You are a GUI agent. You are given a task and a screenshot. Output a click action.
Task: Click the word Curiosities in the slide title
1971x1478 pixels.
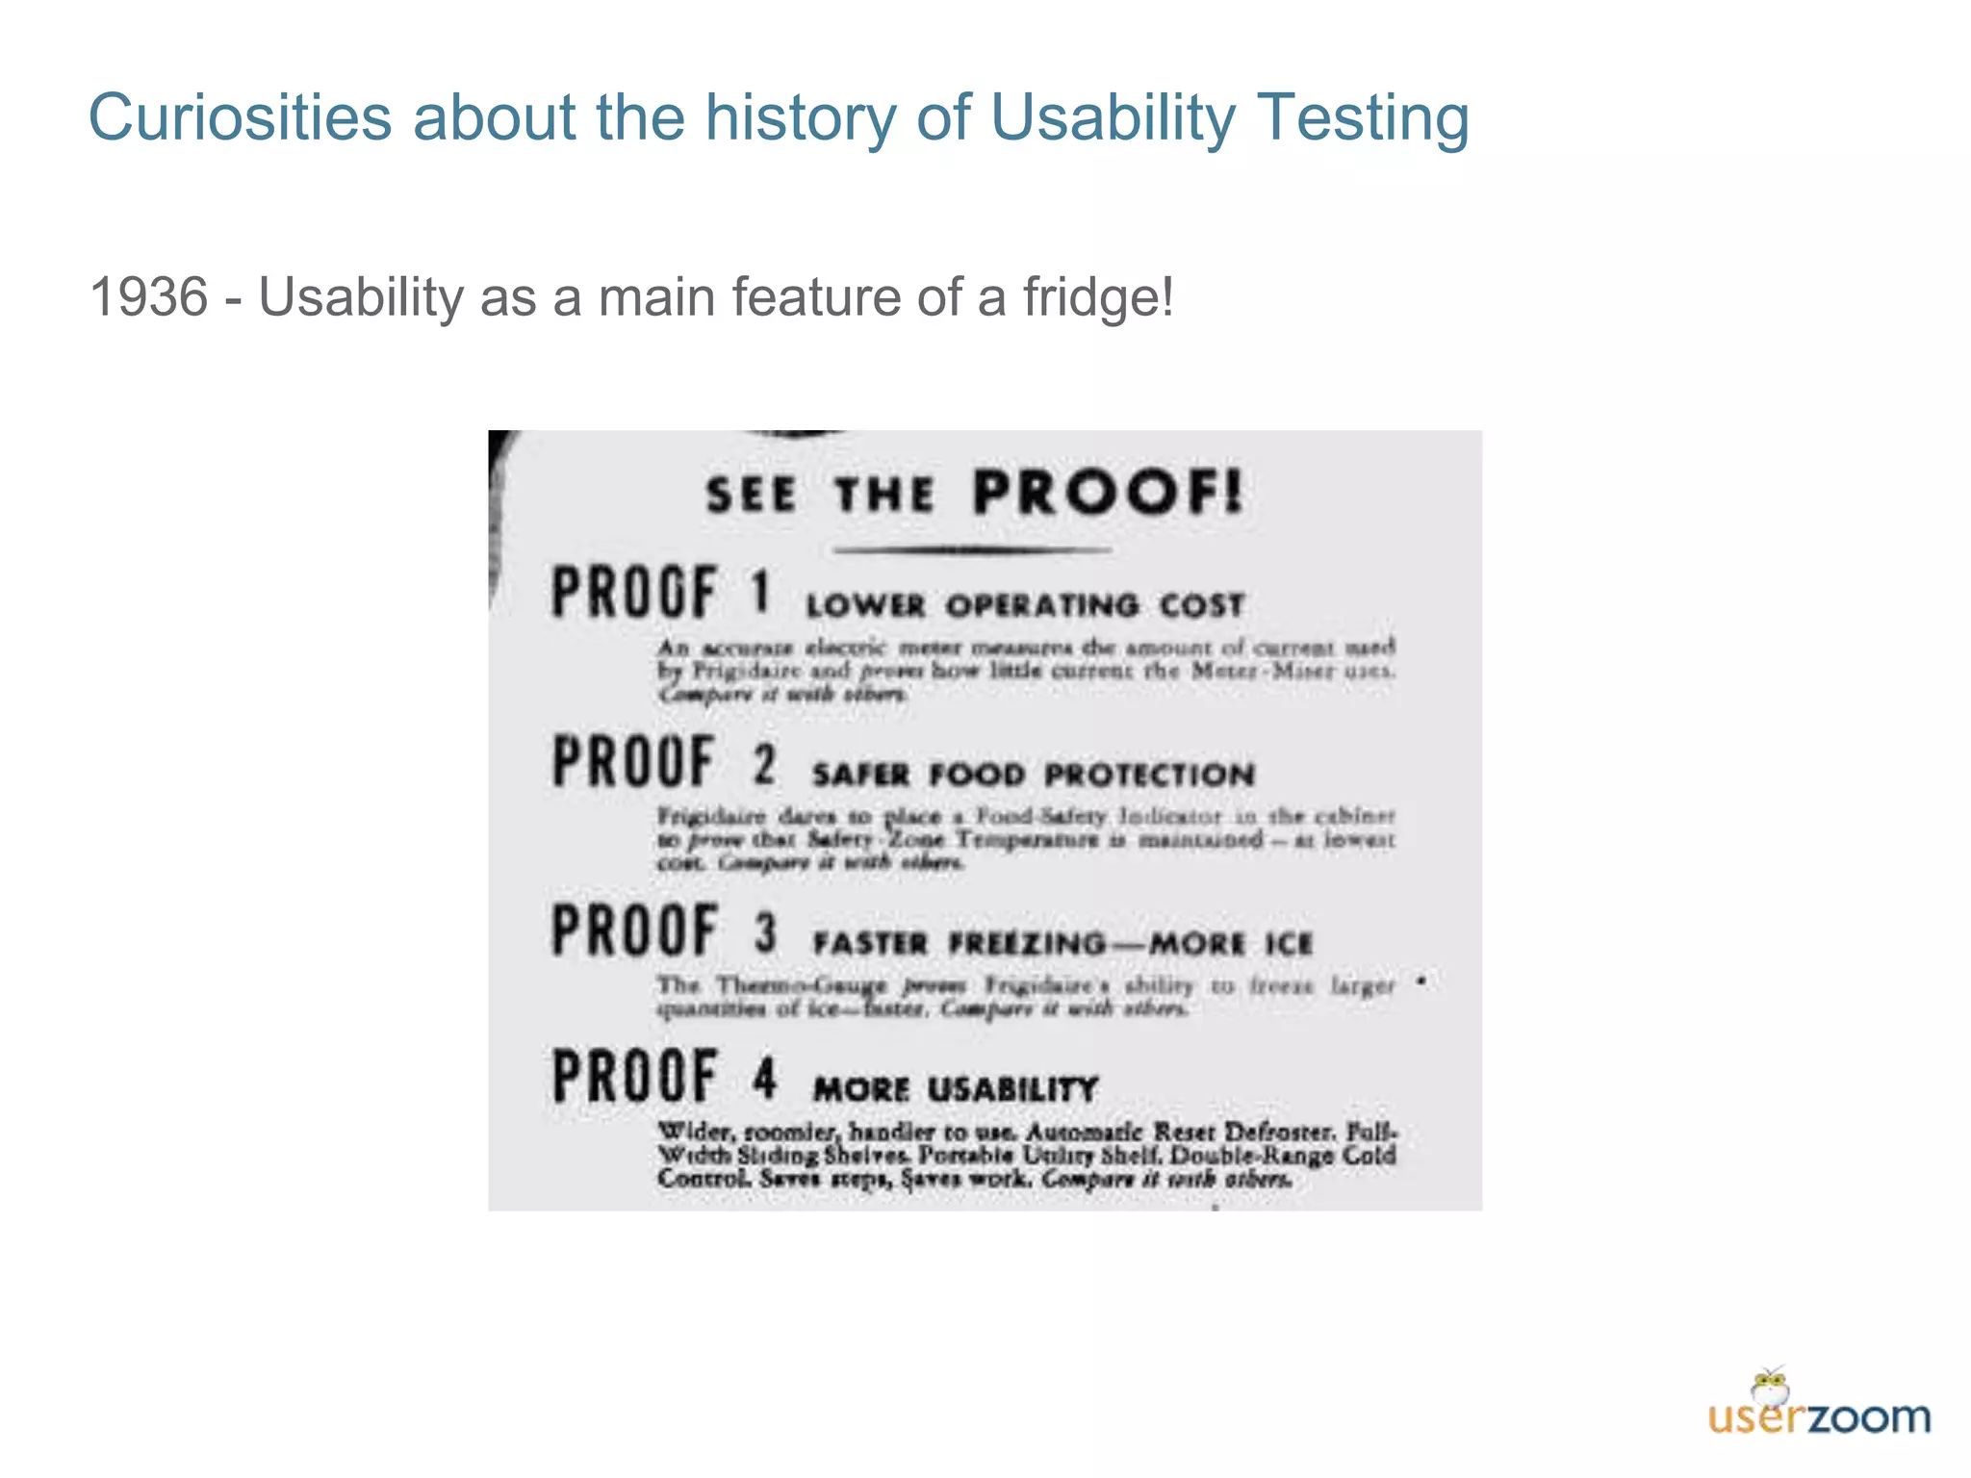[x=240, y=117]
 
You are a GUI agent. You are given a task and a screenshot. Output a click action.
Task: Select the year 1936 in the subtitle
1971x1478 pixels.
[x=148, y=296]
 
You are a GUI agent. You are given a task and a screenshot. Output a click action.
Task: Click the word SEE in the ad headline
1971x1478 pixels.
[x=751, y=496]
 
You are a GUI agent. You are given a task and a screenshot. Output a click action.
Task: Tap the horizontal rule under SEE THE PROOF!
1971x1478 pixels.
[x=972, y=550]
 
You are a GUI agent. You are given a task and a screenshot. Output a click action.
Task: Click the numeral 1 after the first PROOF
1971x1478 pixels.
[x=760, y=591]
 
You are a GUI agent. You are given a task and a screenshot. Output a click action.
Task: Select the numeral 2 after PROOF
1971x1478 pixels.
[x=764, y=764]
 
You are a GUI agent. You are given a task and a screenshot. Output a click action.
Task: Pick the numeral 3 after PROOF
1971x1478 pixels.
[x=765, y=932]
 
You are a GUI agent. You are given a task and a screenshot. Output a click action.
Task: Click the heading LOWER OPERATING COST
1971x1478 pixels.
[x=1025, y=606]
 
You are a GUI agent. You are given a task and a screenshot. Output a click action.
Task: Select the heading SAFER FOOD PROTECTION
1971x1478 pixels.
[x=1033, y=775]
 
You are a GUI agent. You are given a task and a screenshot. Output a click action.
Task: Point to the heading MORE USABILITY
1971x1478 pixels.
[x=955, y=1089]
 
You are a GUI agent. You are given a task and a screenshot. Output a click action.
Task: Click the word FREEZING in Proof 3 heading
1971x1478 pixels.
[x=1027, y=943]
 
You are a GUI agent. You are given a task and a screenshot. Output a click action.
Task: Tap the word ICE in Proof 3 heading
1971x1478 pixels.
[x=1289, y=943]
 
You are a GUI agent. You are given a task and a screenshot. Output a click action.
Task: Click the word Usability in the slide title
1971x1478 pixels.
[x=1112, y=117]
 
